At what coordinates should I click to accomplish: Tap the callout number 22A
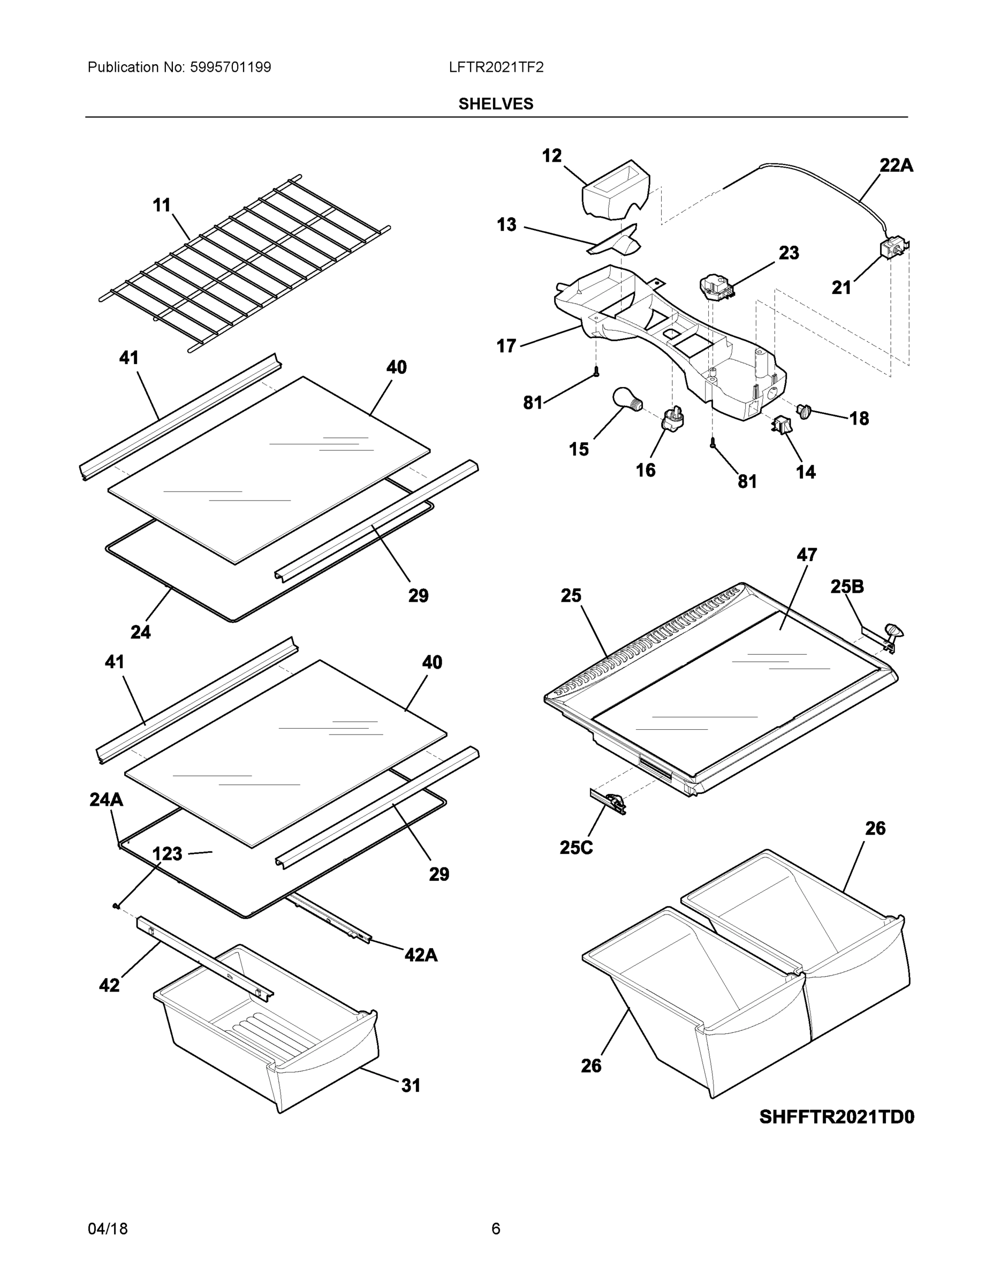pos(896,166)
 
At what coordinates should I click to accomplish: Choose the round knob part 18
pos(803,411)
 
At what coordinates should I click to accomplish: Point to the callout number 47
pos(807,555)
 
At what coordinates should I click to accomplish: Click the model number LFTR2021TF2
pos(496,67)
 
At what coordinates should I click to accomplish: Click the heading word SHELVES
pos(496,104)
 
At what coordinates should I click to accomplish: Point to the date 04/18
pos(108,1229)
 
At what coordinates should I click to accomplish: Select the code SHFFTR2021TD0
pos(837,1117)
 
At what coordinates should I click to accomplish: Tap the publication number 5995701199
pos(230,67)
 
